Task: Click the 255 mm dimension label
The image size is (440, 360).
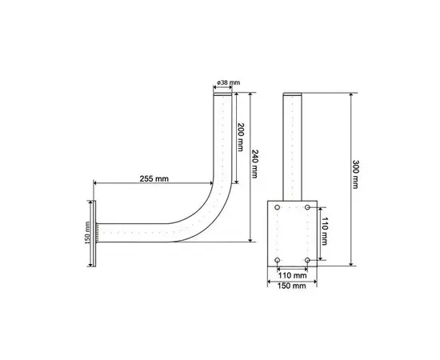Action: [x=154, y=178]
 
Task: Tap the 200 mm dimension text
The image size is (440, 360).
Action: [x=240, y=137]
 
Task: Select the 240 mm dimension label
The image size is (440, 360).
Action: [x=254, y=164]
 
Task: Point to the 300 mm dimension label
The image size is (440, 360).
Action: [x=355, y=174]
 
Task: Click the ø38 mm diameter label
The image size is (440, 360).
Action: [x=229, y=82]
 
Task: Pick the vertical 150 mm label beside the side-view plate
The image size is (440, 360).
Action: [x=87, y=233]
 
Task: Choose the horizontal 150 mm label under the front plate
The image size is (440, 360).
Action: [x=292, y=286]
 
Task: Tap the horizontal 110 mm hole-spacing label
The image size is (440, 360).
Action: [x=292, y=275]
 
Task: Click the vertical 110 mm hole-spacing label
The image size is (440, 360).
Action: [x=324, y=231]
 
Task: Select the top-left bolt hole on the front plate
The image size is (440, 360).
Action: [x=278, y=207]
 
